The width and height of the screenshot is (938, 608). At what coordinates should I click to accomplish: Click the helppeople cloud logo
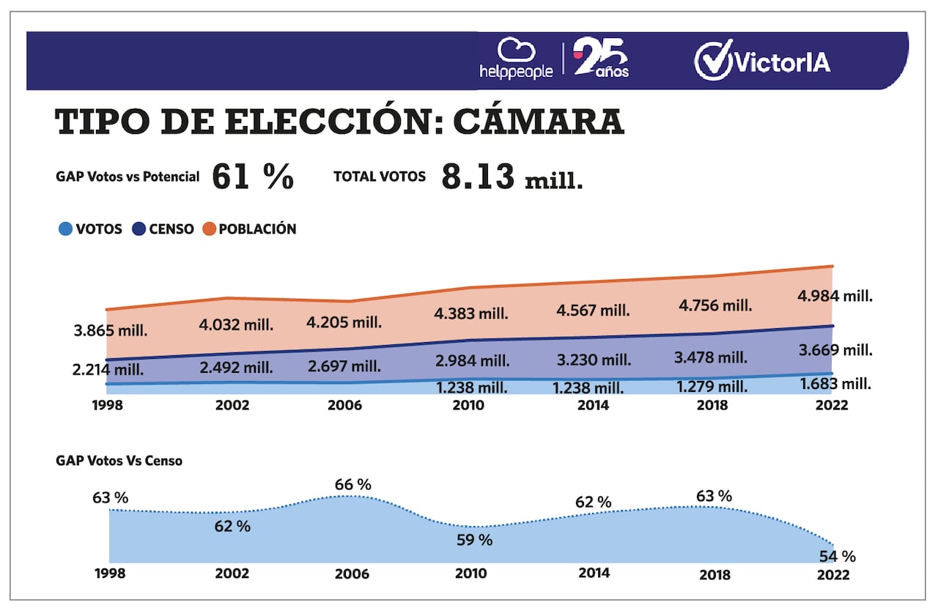coord(516,59)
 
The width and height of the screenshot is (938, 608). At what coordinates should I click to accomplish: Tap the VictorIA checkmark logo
coord(762,60)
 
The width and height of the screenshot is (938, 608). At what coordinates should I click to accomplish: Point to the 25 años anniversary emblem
coord(601,59)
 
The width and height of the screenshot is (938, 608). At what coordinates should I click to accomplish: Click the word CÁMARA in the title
coord(539,123)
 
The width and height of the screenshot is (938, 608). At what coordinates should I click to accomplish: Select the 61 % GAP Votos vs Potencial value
coord(253,177)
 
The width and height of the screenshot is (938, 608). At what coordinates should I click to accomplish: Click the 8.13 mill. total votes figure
coord(512,177)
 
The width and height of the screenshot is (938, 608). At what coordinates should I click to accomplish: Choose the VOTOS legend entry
coord(90,229)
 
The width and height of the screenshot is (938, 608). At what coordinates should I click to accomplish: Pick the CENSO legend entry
coord(163,229)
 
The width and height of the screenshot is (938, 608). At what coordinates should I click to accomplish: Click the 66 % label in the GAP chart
coord(353,484)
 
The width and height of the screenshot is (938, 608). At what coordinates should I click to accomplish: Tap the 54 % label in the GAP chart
coord(838,557)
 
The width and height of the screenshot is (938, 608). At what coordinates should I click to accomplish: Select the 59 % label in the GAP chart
coord(474,541)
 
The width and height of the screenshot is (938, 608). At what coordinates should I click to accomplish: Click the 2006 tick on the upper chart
coord(344,405)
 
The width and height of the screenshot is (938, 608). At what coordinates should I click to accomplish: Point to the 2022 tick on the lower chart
coord(833,574)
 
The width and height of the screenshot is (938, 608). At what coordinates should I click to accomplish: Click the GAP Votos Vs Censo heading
coord(119,461)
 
